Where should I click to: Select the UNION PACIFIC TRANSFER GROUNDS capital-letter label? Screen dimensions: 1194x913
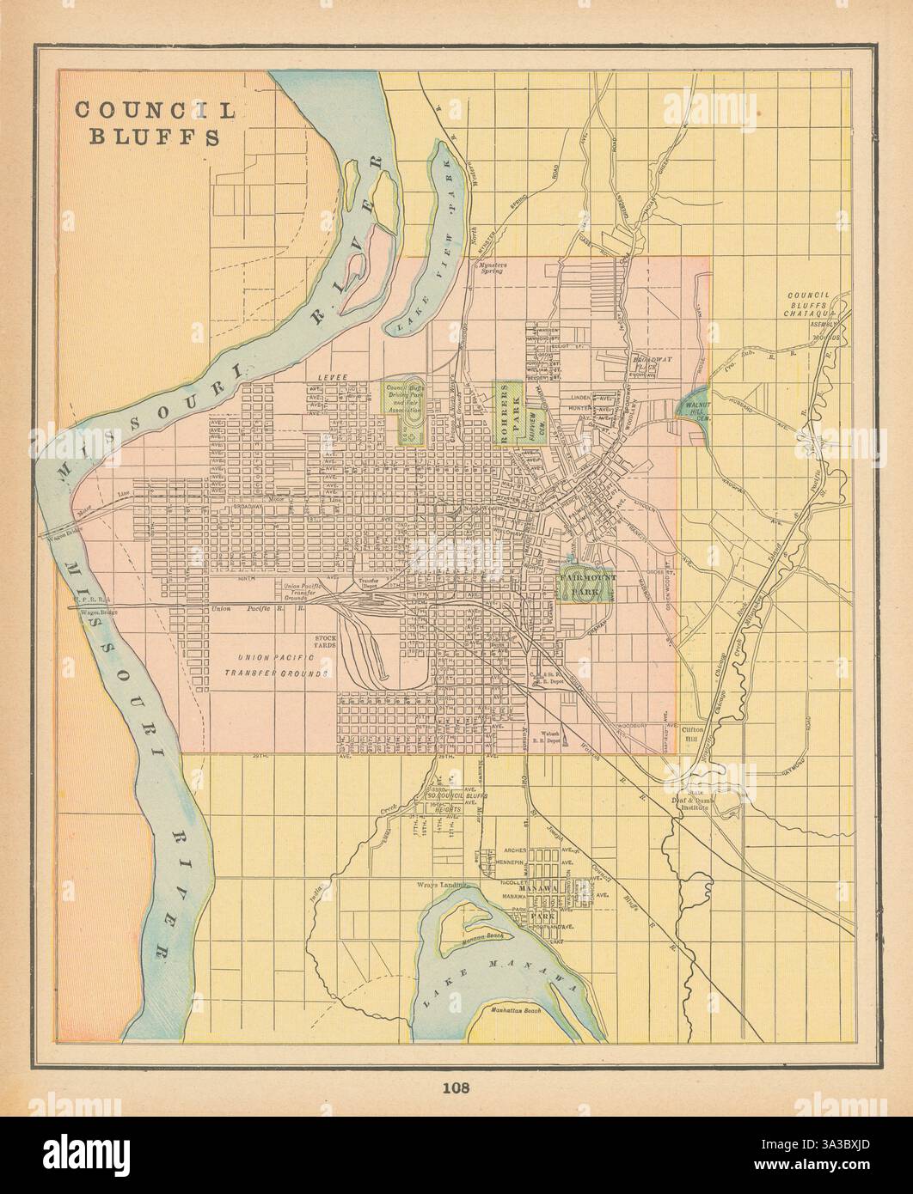pyautogui.click(x=284, y=665)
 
